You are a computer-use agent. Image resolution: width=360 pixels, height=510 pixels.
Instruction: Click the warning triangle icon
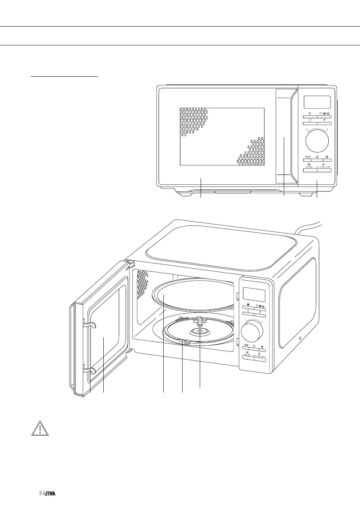pyautogui.click(x=39, y=429)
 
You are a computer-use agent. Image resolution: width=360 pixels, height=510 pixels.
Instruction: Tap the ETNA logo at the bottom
pyautogui.click(x=48, y=494)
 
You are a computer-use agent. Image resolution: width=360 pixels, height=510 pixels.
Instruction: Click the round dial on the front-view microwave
pyautogui.click(x=317, y=139)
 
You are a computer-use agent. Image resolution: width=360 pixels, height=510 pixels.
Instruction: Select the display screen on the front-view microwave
pyautogui.click(x=317, y=102)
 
